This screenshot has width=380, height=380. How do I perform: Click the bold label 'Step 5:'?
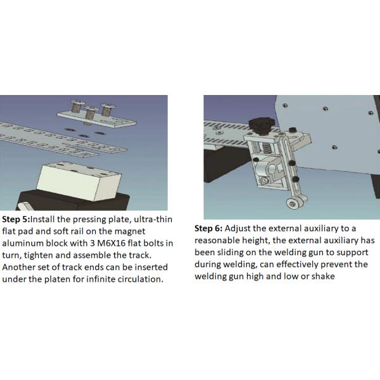click(16, 219)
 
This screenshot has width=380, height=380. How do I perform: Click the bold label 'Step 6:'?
click(208, 229)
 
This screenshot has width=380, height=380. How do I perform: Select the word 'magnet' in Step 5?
click(130, 232)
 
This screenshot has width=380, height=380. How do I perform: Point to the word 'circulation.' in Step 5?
click(141, 279)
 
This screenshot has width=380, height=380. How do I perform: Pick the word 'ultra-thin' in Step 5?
click(153, 219)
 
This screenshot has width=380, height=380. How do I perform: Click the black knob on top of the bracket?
click(261, 126)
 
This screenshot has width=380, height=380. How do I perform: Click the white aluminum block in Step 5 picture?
click(79, 181)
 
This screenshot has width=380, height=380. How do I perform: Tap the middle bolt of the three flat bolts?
click(90, 114)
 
